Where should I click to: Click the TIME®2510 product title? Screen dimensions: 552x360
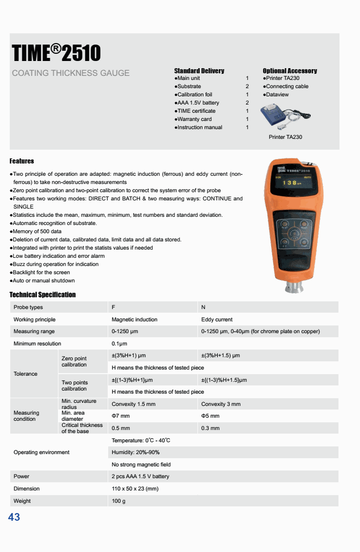(56, 53)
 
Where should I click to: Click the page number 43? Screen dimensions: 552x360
(14, 517)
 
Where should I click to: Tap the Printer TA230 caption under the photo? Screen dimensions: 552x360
(285, 137)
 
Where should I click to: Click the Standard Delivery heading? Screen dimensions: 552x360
(199, 71)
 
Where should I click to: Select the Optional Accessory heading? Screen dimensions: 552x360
(290, 71)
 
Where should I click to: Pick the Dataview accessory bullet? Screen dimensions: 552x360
(277, 95)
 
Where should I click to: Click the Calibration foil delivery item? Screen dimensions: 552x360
(194, 95)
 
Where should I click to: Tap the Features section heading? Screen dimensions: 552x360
(22, 161)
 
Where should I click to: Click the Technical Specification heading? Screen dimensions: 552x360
(43, 295)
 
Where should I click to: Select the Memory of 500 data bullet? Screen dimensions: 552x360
(37, 232)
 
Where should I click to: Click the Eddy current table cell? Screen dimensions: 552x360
(217, 320)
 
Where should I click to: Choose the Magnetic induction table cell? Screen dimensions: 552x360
(134, 320)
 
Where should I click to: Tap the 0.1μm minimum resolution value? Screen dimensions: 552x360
(119, 344)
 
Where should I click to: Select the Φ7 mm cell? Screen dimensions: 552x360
(122, 416)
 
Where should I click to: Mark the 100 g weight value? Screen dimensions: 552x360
(118, 501)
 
